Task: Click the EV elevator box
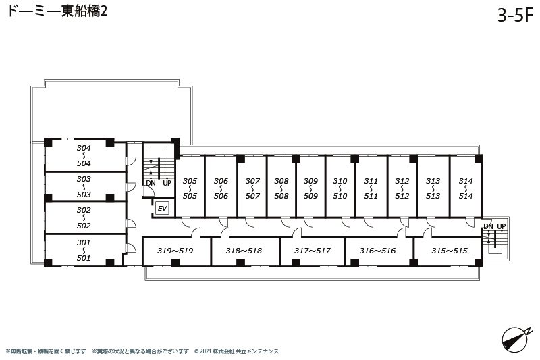click(x=162, y=209)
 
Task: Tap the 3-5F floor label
click(x=515, y=15)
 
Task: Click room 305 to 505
click(x=190, y=186)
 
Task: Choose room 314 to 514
click(x=466, y=186)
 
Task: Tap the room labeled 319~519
click(x=176, y=251)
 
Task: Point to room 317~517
click(x=313, y=251)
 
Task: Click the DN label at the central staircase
click(x=151, y=183)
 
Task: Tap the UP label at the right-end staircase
click(x=502, y=226)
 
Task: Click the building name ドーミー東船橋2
click(x=57, y=11)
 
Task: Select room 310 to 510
click(x=340, y=186)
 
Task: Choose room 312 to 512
click(x=402, y=186)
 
